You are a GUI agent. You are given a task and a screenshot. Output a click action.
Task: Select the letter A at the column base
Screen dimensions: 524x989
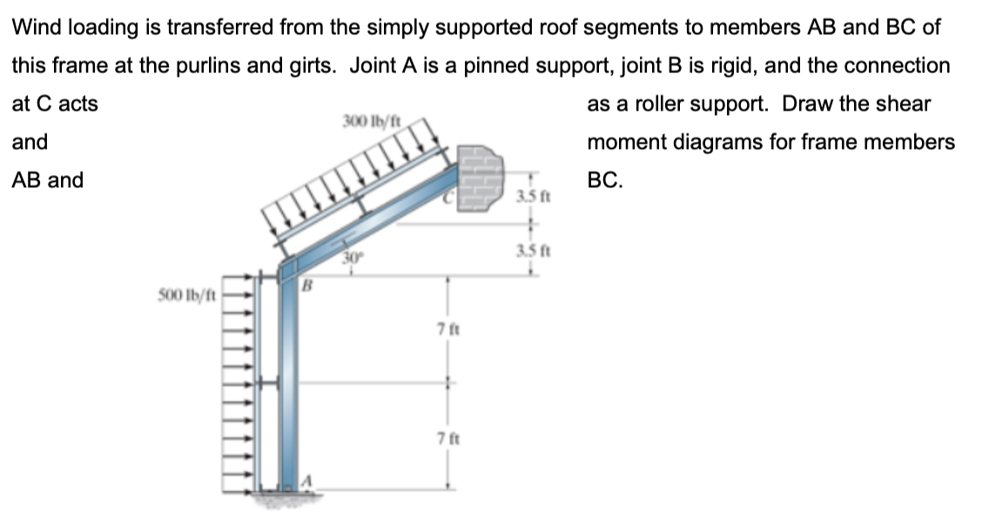point(306,481)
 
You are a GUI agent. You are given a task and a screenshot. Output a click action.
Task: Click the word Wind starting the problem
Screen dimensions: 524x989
point(35,27)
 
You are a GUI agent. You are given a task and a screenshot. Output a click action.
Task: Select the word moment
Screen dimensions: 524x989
point(622,142)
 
